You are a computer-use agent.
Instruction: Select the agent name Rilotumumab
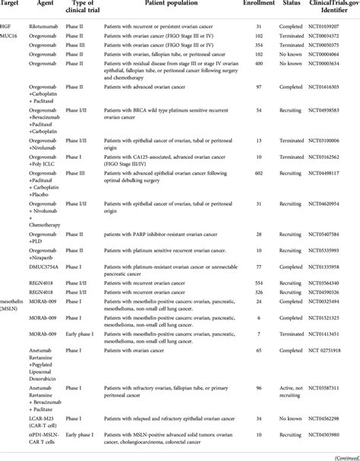[47, 26]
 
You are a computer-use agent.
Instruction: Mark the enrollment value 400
[258, 74]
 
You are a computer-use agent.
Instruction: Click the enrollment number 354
[258, 46]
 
